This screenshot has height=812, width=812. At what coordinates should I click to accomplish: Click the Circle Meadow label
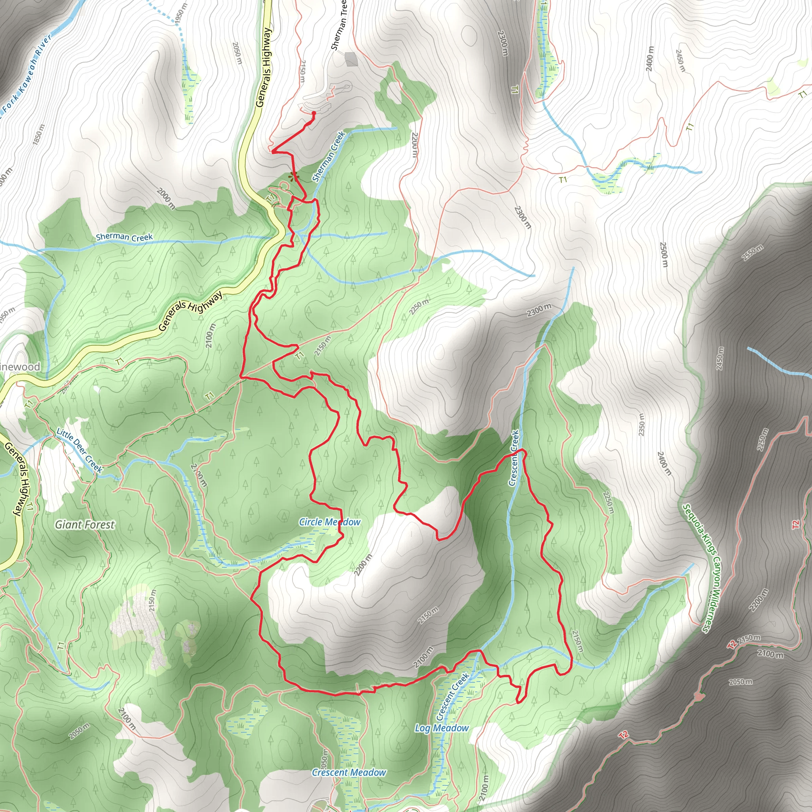329,522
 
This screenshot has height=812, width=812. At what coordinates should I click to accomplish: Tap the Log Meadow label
441,728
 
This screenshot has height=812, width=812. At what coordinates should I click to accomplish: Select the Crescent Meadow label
349,772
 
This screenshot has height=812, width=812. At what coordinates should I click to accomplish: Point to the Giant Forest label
84,525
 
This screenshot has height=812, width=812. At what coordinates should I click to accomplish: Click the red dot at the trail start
314,113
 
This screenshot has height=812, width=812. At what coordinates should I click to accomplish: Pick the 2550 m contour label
752,253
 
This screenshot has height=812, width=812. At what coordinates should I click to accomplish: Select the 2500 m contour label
664,254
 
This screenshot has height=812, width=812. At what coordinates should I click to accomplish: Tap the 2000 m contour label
167,198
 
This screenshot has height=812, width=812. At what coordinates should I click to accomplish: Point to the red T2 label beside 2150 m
732,644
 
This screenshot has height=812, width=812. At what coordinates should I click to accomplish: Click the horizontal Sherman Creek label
124,237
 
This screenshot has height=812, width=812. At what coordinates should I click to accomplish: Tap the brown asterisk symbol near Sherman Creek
293,176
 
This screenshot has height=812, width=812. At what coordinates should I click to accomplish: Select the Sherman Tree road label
339,25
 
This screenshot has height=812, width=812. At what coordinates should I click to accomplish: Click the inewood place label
20,366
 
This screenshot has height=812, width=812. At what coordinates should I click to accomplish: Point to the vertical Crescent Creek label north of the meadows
514,458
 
